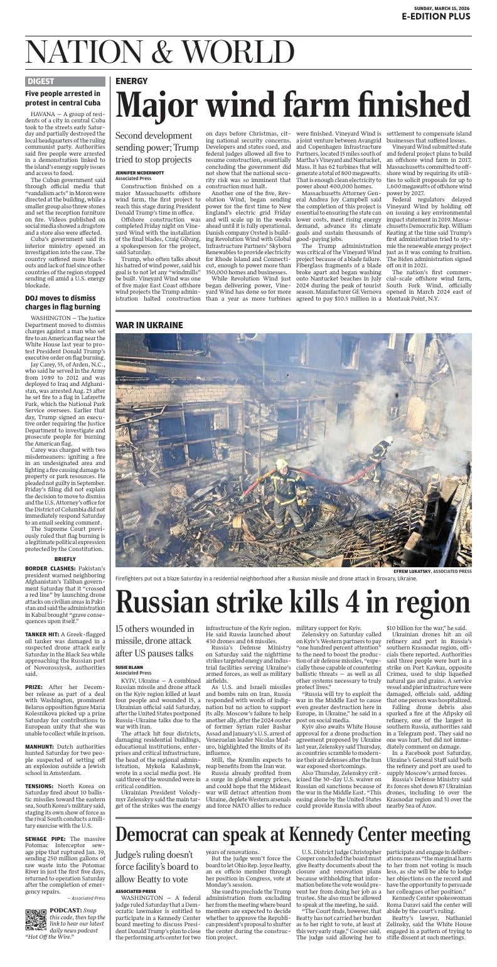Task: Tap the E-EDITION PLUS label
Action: [436, 16]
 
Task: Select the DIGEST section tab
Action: [41, 82]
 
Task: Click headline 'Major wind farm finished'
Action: [292, 105]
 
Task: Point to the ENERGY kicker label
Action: [131, 82]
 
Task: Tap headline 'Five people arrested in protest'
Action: [63, 98]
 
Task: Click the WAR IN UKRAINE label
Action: [149, 325]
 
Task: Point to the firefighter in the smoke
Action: [381, 453]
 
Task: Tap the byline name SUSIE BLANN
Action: [129, 667]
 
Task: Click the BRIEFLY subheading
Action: [65, 558]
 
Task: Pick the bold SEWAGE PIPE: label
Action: [45, 838]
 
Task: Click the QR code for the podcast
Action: [36, 919]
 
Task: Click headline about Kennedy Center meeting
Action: [292, 834]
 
